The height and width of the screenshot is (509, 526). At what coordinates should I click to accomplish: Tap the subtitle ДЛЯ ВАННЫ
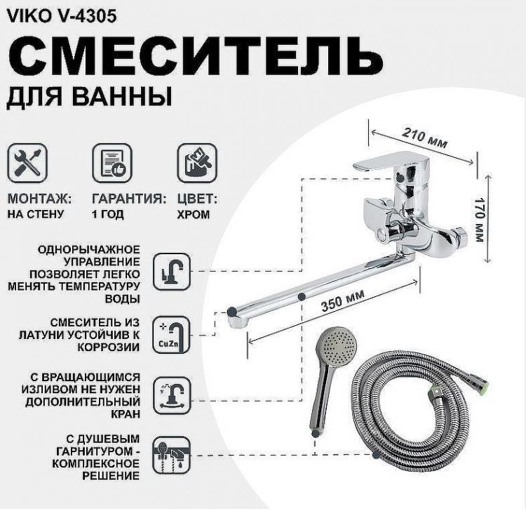coord(89,96)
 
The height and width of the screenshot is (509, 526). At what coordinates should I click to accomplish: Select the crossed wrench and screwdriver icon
coord(27,162)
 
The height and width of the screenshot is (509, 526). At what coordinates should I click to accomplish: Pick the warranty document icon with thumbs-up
coord(112,162)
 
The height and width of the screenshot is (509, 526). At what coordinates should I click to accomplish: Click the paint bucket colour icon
coord(196,162)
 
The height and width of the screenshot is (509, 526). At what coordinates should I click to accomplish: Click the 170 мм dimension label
coord(479,217)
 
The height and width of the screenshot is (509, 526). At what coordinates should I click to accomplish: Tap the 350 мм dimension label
coord(343,305)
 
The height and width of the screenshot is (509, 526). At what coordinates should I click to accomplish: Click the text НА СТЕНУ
coord(36,215)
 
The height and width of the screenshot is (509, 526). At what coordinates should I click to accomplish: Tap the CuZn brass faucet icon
coord(171,332)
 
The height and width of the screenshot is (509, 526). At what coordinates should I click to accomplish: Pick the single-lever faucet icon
coord(171,270)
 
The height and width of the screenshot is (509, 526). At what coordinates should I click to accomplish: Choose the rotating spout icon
coord(171,394)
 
